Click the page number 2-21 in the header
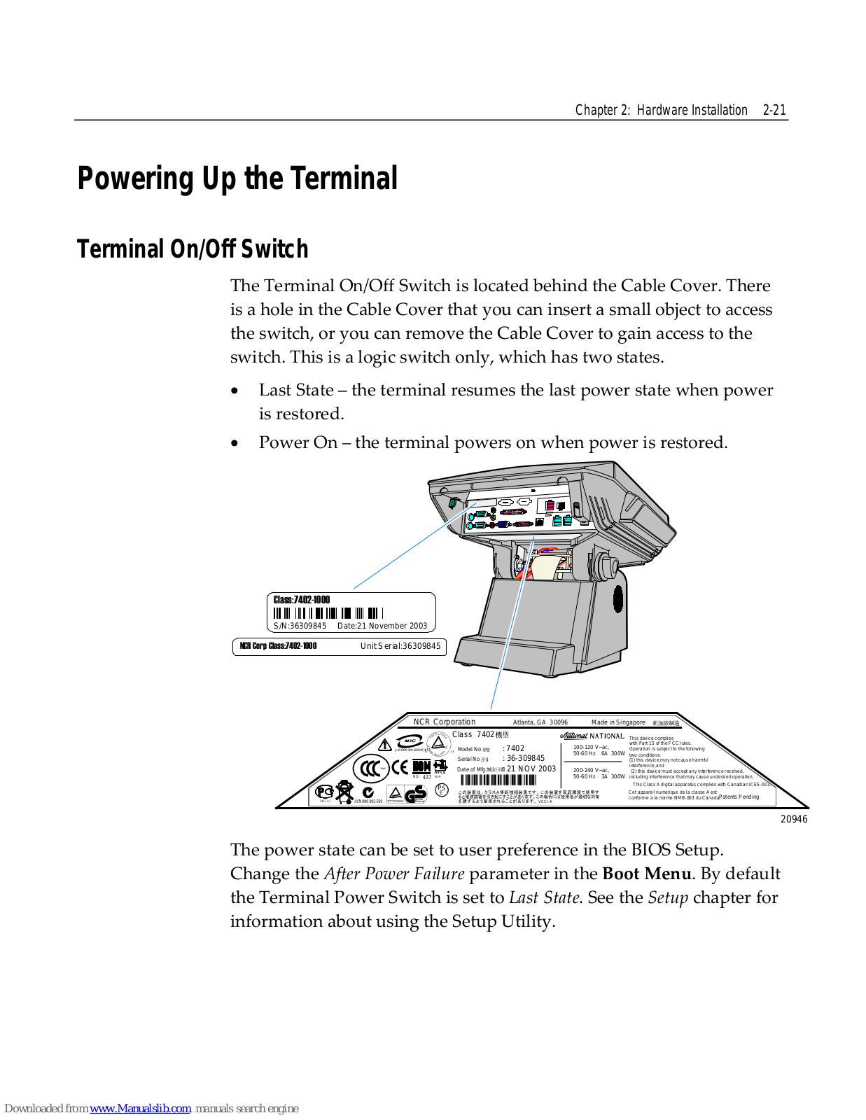pos(774,110)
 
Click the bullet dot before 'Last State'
pos(235,391)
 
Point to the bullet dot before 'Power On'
pos(235,444)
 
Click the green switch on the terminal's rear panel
pos(453,502)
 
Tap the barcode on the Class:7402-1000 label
pos(328,613)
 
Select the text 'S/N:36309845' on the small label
pos(300,626)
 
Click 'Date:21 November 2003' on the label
pos(382,626)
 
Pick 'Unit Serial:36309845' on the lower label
pos(400,646)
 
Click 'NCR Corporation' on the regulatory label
pos(444,722)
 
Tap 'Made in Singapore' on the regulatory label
pos(618,722)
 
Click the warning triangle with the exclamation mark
pos(384,745)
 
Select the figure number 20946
pos(794,819)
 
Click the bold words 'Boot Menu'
pos(646,874)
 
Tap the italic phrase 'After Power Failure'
pos(394,874)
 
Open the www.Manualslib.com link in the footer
pos(140,1108)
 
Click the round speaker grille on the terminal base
pos(618,598)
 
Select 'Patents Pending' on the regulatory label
pos(739,797)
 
